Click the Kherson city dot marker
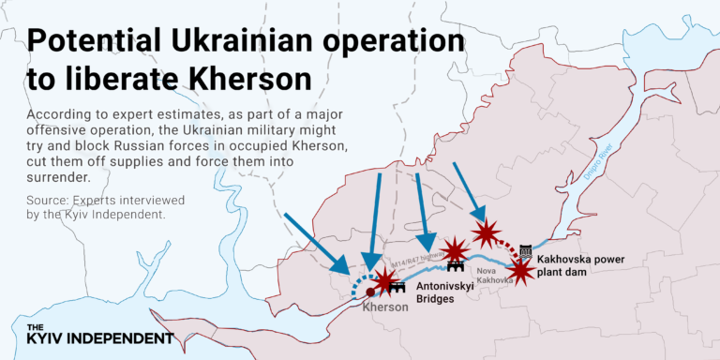(x=370, y=292)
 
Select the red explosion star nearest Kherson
(x=385, y=280)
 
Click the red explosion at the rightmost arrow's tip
(x=486, y=232)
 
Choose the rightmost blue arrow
(x=469, y=192)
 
